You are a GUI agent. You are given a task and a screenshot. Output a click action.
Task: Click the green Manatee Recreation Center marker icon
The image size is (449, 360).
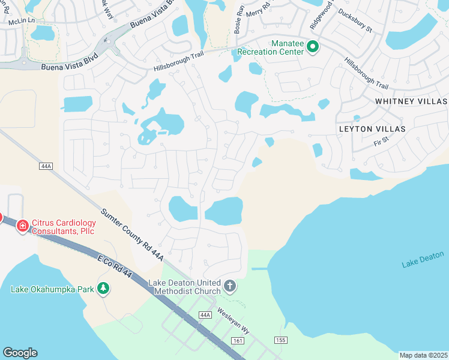click(312, 47)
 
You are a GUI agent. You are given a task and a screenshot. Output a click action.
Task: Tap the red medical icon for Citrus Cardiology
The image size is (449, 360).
click(22, 226)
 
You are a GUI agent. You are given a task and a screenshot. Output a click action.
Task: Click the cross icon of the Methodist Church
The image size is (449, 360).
click(229, 287)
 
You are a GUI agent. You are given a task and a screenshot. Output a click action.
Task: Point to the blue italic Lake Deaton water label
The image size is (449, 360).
click(423, 260)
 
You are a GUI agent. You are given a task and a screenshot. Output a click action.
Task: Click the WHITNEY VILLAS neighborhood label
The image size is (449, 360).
click(411, 101)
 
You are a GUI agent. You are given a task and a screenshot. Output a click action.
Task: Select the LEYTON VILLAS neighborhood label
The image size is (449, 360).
click(372, 129)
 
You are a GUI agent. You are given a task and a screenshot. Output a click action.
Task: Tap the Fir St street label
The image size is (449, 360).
click(381, 143)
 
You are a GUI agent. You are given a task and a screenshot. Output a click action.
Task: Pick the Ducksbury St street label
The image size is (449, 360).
click(355, 20)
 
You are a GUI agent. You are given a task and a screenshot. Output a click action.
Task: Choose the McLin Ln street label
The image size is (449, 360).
click(22, 21)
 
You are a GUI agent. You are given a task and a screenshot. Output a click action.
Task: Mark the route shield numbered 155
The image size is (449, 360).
click(280, 340)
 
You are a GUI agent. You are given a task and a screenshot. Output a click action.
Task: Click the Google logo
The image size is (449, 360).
click(20, 353)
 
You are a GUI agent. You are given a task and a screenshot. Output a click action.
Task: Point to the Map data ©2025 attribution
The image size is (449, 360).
click(423, 355)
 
